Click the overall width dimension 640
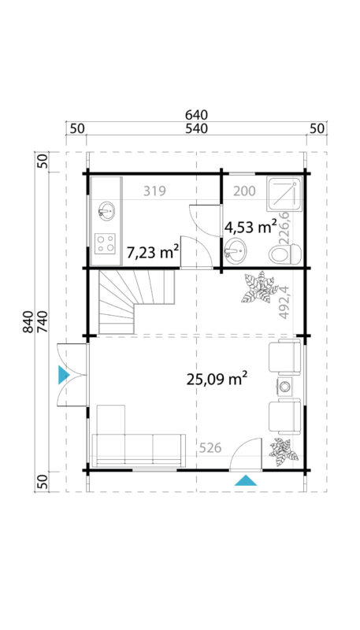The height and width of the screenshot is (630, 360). pos(196,115)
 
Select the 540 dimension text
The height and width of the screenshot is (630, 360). pos(196,128)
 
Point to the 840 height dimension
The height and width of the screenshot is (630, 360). pos(29,323)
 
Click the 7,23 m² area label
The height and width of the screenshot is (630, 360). pos(153,251)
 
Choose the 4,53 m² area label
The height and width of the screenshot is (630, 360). pos(251,227)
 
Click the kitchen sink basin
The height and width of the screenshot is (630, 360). pos(106,211)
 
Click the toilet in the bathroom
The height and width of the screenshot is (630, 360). pos(284,254)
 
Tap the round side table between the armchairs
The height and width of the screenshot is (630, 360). pos(284,386)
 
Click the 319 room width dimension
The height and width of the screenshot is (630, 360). pos(154,191)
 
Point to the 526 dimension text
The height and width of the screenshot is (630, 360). pos(209,448)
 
